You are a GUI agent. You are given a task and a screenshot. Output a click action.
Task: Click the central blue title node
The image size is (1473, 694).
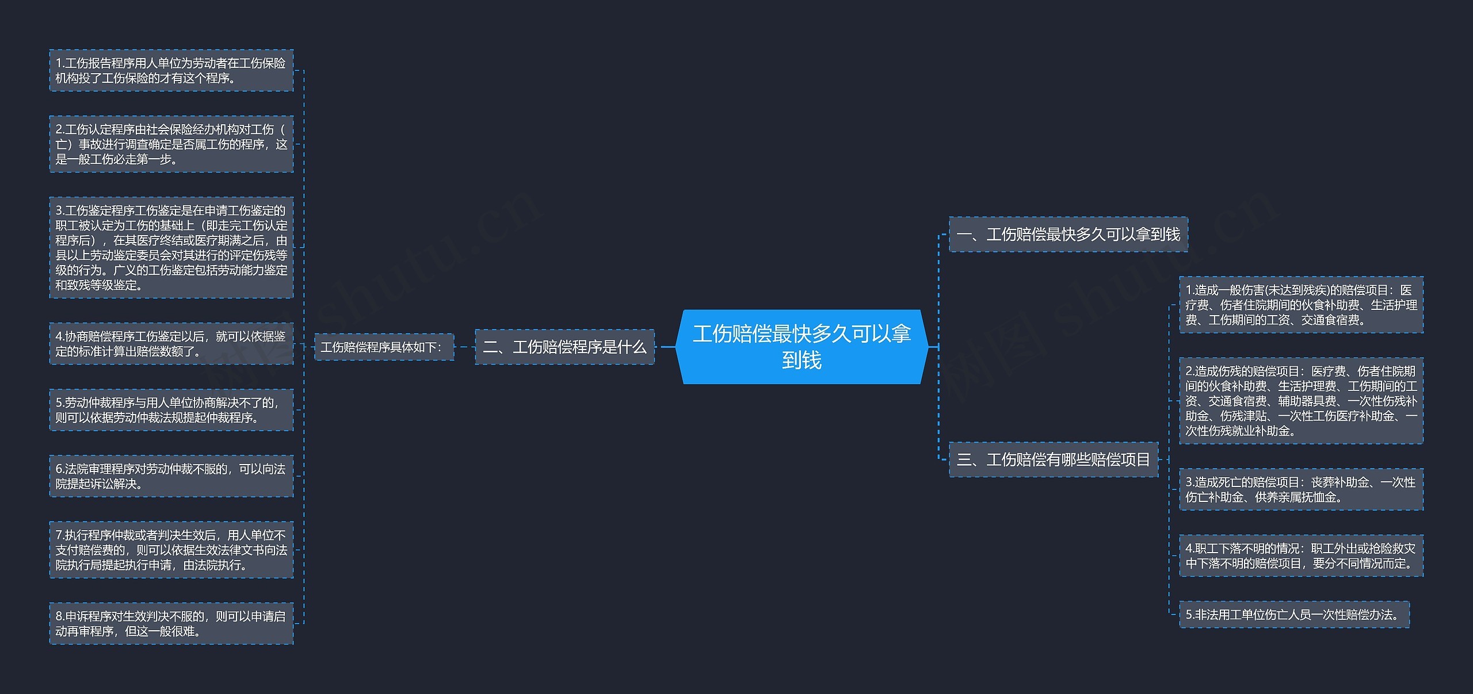point(802,347)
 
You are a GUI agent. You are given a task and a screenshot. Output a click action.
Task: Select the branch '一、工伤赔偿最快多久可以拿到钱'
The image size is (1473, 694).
point(1068,235)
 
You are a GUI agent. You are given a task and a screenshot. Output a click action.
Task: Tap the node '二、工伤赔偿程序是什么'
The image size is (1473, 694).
point(564,347)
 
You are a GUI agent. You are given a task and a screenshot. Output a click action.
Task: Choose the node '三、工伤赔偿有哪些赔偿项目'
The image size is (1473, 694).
point(1053,459)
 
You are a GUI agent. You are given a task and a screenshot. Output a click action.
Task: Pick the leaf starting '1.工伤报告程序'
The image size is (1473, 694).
point(171,71)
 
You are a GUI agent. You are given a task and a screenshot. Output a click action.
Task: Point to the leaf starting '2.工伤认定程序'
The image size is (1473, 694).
point(171,144)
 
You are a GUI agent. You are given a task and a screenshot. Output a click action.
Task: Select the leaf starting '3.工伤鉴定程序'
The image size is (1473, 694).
point(171,248)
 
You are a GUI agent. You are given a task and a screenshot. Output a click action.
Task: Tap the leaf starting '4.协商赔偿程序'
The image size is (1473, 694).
point(171,344)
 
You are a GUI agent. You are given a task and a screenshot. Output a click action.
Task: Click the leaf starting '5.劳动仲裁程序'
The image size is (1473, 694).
point(171,410)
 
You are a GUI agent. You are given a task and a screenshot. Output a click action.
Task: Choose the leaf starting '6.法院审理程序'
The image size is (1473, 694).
point(171,476)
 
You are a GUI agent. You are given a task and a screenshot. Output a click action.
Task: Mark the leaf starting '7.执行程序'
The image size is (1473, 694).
point(171,550)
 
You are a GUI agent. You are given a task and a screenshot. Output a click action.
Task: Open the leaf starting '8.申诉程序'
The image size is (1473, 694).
point(171,623)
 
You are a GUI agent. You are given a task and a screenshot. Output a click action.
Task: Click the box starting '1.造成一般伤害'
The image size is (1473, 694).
point(1301,305)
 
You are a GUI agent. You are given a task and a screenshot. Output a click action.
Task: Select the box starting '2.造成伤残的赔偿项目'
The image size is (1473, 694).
point(1301,401)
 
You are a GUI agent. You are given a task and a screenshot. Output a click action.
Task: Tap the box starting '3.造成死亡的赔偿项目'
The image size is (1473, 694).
point(1301,489)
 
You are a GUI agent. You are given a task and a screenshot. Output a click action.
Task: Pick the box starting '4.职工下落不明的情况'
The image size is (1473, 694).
point(1301,556)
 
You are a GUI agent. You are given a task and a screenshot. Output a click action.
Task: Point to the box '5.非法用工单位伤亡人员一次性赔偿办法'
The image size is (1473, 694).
point(1294,615)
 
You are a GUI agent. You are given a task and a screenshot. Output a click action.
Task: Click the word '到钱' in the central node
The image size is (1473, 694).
point(802,361)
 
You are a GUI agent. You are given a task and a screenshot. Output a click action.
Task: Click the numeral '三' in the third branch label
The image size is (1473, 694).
point(964,460)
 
